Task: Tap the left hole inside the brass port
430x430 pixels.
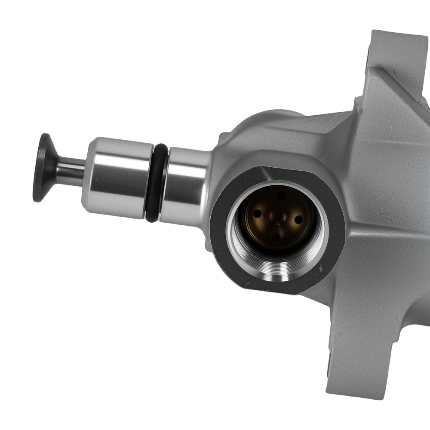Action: [257, 214]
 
